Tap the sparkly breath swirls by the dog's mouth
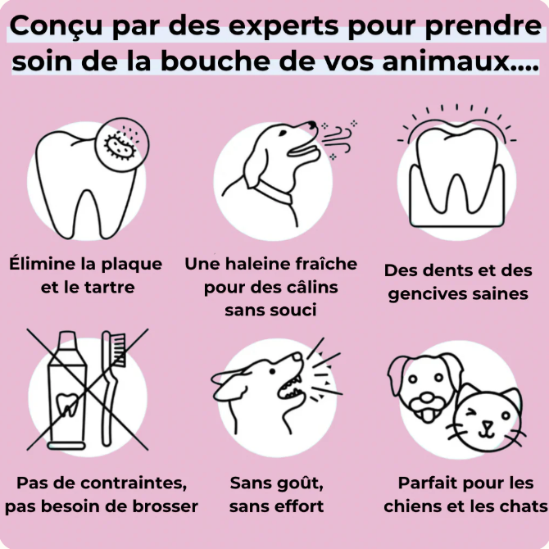click(337, 139)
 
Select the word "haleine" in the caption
click(263, 264)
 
